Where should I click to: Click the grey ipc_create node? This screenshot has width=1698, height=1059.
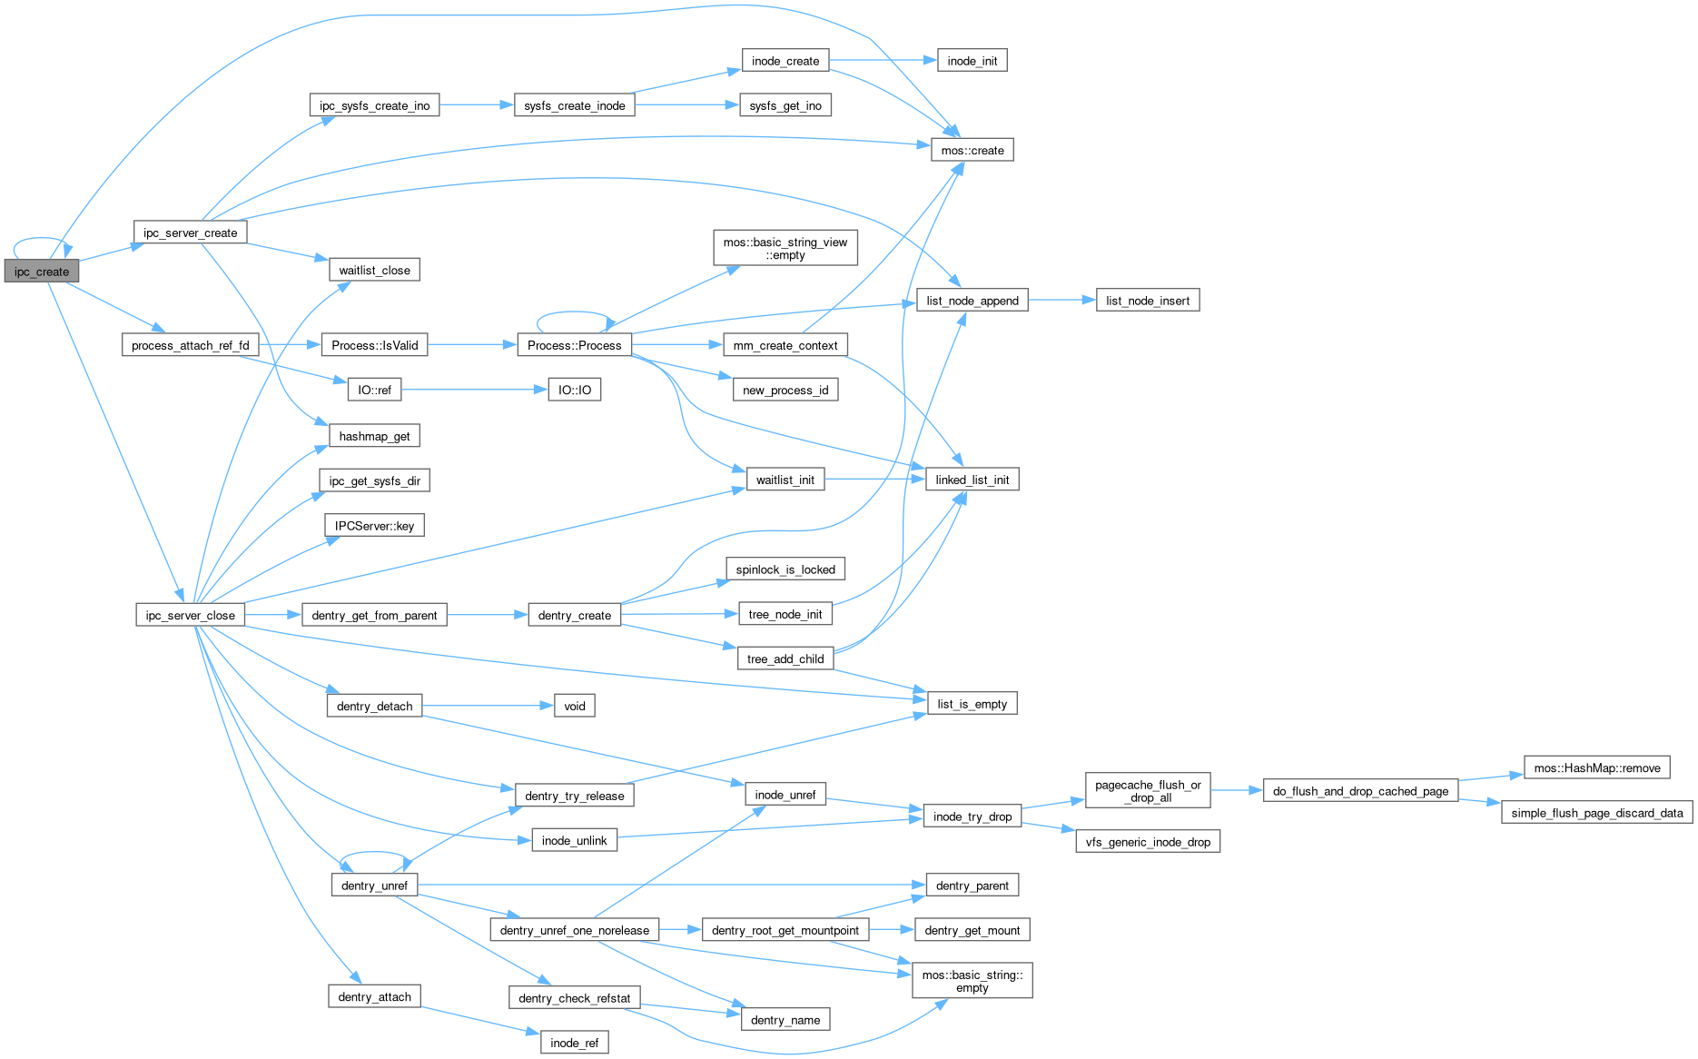click(x=42, y=272)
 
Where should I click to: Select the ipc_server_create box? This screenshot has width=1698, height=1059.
click(x=190, y=233)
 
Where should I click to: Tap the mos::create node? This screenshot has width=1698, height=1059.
click(x=972, y=150)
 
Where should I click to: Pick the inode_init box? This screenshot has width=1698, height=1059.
click(x=972, y=61)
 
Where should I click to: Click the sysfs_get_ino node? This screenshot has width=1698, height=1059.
click(x=785, y=105)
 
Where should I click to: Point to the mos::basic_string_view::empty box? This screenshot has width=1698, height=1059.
click(x=785, y=248)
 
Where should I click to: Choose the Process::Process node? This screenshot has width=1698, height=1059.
click(x=574, y=345)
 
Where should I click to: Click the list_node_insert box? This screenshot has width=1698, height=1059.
click(x=1148, y=301)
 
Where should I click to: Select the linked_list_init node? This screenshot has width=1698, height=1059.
click(x=972, y=480)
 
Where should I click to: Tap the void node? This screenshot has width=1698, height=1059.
click(x=574, y=706)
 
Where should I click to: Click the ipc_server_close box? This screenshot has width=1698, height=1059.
click(x=190, y=615)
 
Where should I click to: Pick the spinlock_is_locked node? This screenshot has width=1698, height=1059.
click(x=785, y=569)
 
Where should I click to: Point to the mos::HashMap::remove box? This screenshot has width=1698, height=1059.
click(x=1597, y=767)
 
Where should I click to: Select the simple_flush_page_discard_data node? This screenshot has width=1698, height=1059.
click(x=1596, y=813)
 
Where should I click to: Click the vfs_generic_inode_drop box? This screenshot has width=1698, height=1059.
click(x=1148, y=842)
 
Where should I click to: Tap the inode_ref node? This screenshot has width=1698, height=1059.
click(x=574, y=1043)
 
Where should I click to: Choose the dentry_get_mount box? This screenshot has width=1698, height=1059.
click(x=972, y=930)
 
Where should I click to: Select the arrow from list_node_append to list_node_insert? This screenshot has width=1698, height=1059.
click(x=1061, y=300)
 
